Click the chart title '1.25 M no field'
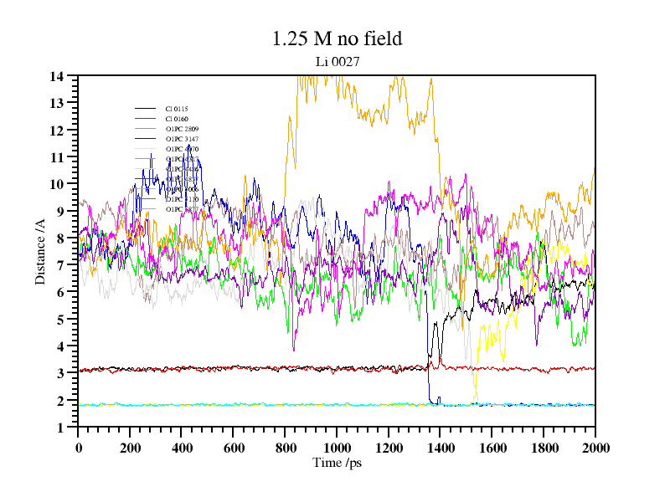(x=337, y=38)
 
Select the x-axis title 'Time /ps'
(x=336, y=463)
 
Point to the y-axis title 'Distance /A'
(x=40, y=252)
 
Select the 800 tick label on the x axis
(x=285, y=448)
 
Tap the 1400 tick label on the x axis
(x=440, y=448)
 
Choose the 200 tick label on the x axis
(x=130, y=448)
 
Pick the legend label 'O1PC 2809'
(x=182, y=130)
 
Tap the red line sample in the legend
(x=146, y=120)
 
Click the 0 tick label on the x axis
(x=78, y=448)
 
